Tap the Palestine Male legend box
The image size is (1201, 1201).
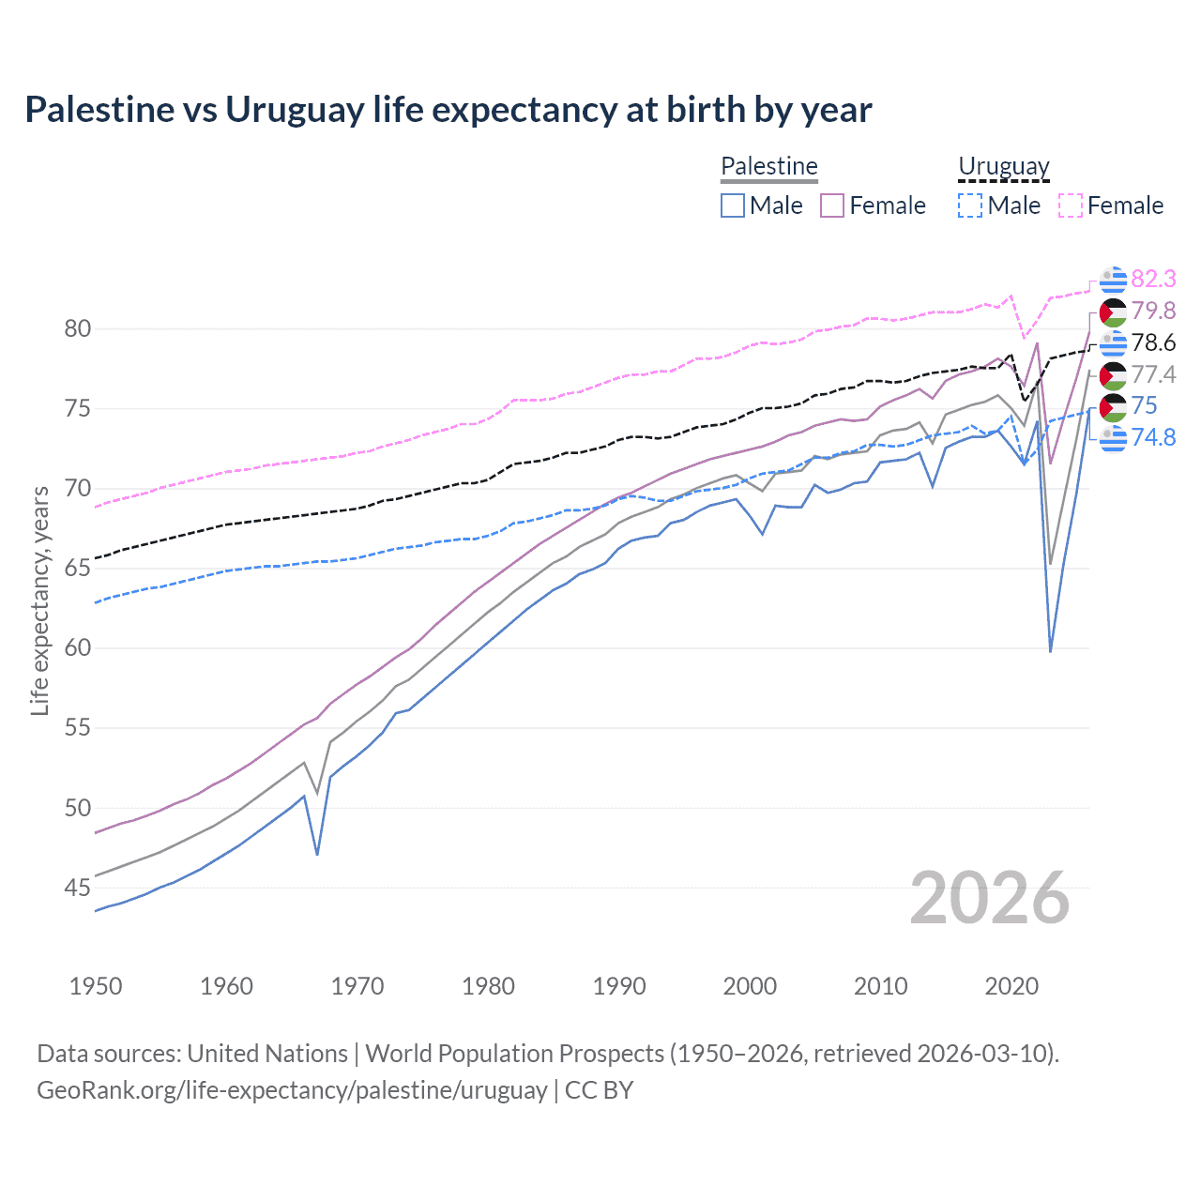733,205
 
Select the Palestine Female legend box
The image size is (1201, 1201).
832,205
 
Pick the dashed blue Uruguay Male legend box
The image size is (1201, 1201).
970,205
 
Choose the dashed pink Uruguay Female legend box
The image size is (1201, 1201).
1071,205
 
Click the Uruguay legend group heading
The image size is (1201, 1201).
1003,167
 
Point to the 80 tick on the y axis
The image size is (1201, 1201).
78,328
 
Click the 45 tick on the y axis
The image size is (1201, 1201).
78,888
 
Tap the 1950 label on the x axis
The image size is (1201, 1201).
96,986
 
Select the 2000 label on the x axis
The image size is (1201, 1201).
750,986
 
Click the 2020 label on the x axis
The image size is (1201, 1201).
1011,986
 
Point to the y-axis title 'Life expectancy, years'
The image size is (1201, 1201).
39,600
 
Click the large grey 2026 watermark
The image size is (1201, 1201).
990,898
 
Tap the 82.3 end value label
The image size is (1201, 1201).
1153,279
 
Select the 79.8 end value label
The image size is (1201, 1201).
1153,311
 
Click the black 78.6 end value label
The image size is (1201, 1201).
1153,342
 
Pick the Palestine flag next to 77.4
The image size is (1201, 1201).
1113,375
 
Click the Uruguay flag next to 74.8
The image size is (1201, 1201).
1113,437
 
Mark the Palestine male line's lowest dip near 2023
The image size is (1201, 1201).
1050,651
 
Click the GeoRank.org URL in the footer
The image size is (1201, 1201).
292,1090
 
